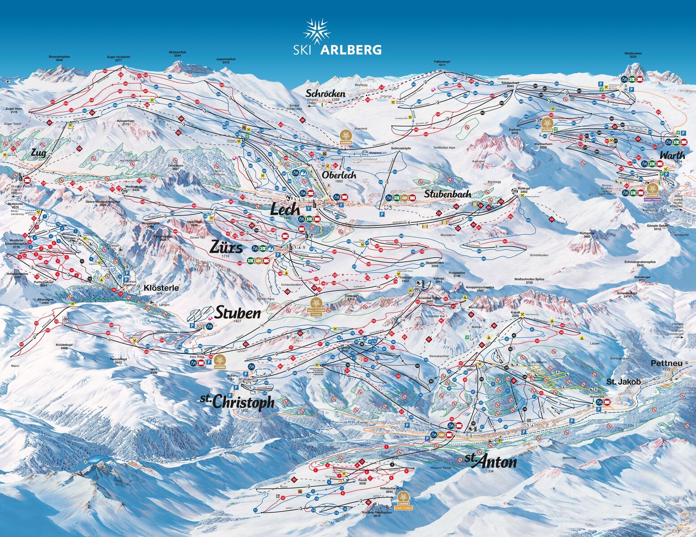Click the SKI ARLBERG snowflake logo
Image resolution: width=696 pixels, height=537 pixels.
[x=317, y=31]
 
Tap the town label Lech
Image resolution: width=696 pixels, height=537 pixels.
[x=285, y=209]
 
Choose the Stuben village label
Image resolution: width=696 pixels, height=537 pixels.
[x=238, y=313]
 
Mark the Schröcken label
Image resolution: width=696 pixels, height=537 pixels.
[x=326, y=94]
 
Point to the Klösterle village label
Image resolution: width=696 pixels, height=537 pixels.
[x=161, y=288]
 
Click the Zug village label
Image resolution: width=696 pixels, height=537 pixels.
[x=39, y=153]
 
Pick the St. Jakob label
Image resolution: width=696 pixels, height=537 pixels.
[x=623, y=382]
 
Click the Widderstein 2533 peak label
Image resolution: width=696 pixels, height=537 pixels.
[x=633, y=55]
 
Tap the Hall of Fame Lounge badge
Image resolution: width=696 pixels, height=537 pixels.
[x=316, y=307]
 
